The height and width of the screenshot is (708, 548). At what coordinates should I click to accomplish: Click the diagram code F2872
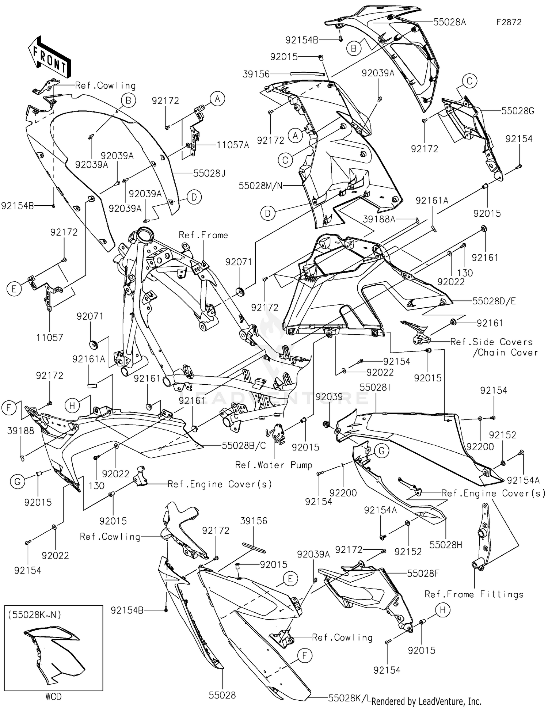[509, 22]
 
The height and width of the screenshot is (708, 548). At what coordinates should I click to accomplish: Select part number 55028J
[209, 173]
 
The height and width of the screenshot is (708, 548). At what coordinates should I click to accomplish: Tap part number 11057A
[233, 145]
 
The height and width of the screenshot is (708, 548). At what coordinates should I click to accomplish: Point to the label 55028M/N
[260, 186]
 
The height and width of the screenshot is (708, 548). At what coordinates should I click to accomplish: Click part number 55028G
[518, 111]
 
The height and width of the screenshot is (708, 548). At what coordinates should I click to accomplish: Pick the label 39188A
[379, 219]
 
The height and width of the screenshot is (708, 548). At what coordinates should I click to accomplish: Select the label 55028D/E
[494, 301]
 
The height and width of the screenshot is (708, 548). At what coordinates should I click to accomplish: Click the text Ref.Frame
[203, 235]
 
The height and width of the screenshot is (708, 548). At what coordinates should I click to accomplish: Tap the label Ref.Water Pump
[274, 465]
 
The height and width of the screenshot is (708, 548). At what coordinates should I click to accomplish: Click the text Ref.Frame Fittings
[474, 594]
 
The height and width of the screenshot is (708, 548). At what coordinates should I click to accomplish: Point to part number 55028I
[376, 387]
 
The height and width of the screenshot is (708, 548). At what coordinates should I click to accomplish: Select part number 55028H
[446, 545]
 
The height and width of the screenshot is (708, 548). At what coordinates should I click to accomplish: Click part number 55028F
[423, 574]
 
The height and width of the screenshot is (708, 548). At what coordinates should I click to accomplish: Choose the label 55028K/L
[349, 698]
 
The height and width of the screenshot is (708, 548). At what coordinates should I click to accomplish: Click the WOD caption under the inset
[53, 697]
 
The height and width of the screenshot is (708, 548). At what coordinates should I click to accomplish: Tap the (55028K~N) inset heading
[35, 614]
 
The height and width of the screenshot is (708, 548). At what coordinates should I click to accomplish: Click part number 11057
[50, 338]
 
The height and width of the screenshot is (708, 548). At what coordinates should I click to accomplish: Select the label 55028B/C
[244, 445]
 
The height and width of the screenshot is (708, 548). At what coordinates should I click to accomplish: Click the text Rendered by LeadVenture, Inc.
[426, 701]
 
